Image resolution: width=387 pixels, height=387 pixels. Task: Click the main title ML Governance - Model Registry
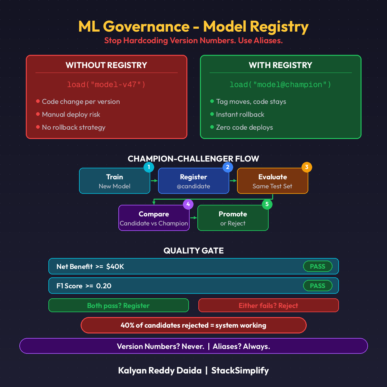pos(193,26)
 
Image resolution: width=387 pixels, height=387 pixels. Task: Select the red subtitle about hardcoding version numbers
pos(193,41)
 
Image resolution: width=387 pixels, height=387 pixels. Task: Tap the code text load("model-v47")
pos(106,84)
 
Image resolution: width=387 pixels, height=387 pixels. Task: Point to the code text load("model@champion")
pos(280,84)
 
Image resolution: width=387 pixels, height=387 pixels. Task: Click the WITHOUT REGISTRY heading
pos(106,65)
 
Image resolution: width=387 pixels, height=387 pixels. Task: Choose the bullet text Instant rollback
pos(240,114)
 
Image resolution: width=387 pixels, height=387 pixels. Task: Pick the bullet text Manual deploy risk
pos(71,114)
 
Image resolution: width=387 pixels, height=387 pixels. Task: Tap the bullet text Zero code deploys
pos(244,127)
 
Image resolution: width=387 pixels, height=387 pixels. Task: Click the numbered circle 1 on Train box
pos(149,167)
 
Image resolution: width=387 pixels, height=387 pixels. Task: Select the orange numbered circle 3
pos(307,167)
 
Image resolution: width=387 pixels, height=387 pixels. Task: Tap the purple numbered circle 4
pos(188,204)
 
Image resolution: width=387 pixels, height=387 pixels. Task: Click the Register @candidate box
pos(193,181)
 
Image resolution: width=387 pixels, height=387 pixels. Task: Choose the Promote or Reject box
pos(233,218)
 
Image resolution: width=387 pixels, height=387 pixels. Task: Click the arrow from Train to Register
pos(154,181)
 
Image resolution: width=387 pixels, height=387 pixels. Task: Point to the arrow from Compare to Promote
pos(193,218)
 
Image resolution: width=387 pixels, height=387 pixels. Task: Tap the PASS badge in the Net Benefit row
pos(318,266)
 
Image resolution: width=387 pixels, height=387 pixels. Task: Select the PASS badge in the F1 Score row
pos(318,286)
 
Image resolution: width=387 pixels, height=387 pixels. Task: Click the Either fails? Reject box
pos(268,305)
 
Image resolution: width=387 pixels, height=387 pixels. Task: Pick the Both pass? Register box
pos(118,305)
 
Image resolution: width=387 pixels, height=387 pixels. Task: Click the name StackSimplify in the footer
pos(240,371)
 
